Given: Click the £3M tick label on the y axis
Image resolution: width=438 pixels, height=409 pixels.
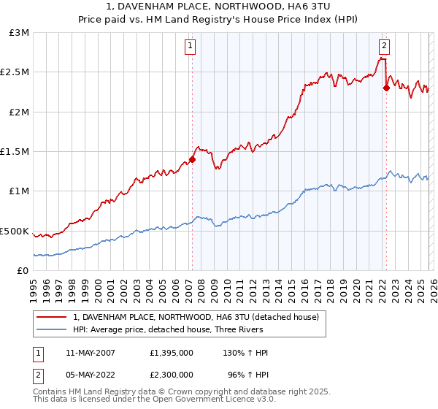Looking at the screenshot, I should coord(20,33).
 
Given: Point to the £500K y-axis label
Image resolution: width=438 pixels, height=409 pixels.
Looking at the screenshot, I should coord(15,231).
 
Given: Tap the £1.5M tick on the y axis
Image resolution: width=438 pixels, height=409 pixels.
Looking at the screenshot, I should coord(15,152).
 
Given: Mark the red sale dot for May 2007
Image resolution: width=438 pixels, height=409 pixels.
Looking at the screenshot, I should coord(192,159).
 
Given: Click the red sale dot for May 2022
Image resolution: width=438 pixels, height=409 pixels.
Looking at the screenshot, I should coord(385,88).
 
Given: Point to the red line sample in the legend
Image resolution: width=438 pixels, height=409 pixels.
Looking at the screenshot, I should coord(51,318).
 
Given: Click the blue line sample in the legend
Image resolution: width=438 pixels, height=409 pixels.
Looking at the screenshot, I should coord(51,329).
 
